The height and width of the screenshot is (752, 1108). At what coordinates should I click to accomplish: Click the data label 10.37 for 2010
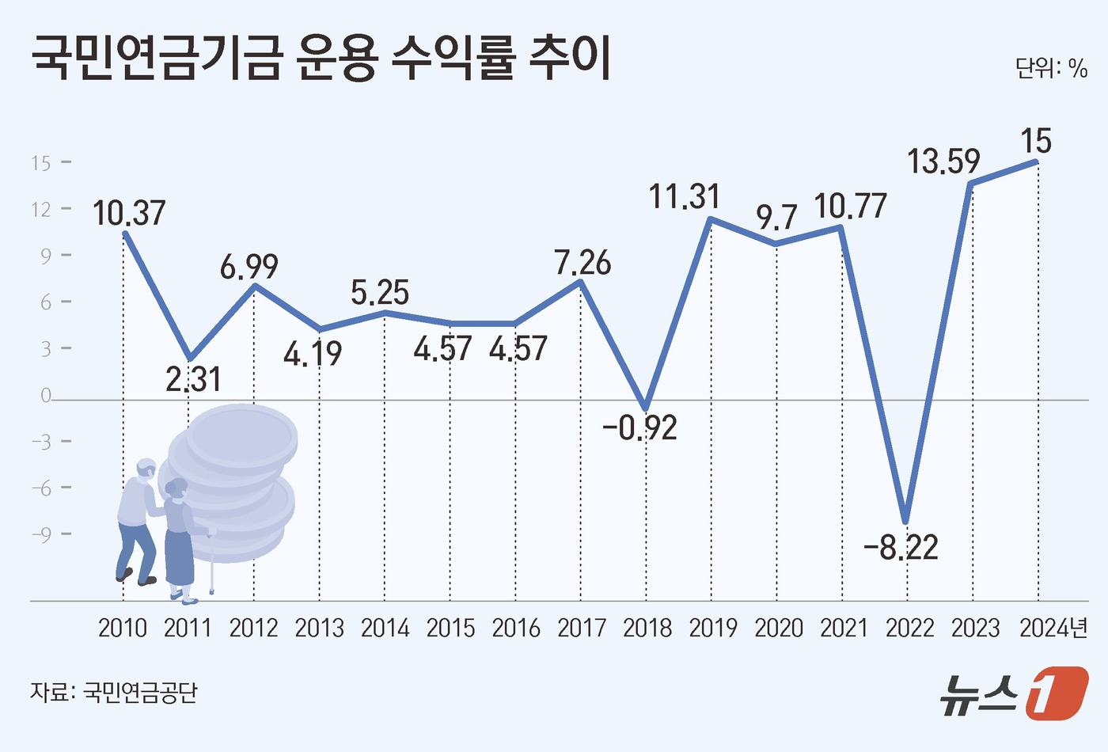pos(129,213)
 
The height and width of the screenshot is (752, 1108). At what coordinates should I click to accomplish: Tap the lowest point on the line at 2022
pos(907,520)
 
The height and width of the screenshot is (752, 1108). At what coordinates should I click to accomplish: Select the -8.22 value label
pos(901,547)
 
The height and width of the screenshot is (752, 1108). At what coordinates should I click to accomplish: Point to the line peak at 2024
pos(1037,161)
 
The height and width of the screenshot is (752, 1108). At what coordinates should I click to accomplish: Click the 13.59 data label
pos(943,161)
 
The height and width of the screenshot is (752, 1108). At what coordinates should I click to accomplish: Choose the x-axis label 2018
pos(647,629)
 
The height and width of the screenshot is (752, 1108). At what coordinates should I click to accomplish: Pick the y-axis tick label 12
pos(41,209)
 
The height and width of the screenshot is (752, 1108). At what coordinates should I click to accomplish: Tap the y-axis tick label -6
pos(41,488)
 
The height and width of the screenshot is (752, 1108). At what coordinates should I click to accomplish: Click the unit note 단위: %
pos(1052,69)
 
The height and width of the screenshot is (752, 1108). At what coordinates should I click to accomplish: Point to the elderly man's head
pos(146,469)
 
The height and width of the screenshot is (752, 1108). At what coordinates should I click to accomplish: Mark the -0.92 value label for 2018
pos(639,428)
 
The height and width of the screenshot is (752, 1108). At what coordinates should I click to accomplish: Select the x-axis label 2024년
pos(1053,629)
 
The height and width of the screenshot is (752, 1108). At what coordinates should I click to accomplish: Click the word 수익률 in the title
pos(453,59)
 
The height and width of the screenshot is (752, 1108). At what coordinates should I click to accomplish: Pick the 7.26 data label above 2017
pos(582,263)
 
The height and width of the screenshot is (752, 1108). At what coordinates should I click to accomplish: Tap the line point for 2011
pos(189,359)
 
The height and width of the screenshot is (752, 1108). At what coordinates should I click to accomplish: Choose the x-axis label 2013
pos(319,629)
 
